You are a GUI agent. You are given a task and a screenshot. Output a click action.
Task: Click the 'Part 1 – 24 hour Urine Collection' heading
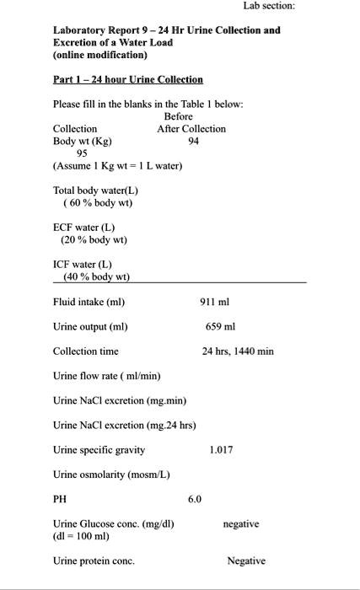(128, 79)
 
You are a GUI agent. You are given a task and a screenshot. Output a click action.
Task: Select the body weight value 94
(195, 141)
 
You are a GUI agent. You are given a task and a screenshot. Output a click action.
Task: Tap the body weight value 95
(82, 153)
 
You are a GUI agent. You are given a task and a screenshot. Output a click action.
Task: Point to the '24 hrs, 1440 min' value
(238, 351)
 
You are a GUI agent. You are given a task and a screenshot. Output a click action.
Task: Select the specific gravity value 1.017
(221, 450)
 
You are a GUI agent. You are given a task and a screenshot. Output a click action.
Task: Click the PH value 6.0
(195, 499)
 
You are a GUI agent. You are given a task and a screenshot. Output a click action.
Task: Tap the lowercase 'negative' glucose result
(241, 524)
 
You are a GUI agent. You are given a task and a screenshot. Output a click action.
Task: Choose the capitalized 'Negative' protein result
(246, 560)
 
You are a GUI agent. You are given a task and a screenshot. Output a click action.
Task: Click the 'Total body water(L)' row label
(95, 190)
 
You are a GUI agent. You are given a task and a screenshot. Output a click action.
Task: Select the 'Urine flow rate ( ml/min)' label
(107, 376)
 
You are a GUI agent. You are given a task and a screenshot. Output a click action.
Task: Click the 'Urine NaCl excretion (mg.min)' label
(120, 400)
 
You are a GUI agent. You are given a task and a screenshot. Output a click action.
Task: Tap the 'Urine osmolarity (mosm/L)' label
(111, 475)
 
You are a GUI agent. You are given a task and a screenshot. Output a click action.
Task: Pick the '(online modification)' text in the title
(100, 55)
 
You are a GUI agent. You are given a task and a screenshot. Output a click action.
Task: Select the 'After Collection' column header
(191, 129)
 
